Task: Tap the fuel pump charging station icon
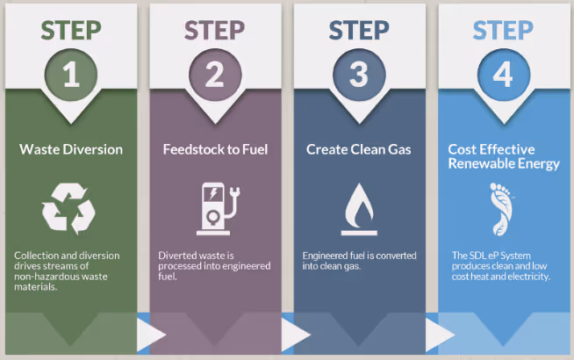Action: [215, 208]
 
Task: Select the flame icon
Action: [359, 208]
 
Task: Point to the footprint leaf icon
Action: [501, 209]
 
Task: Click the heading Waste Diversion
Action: [72, 149]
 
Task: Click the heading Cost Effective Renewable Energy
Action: [503, 156]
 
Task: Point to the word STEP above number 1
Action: [71, 30]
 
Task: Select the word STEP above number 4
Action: [502, 30]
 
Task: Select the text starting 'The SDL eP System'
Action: [500, 266]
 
